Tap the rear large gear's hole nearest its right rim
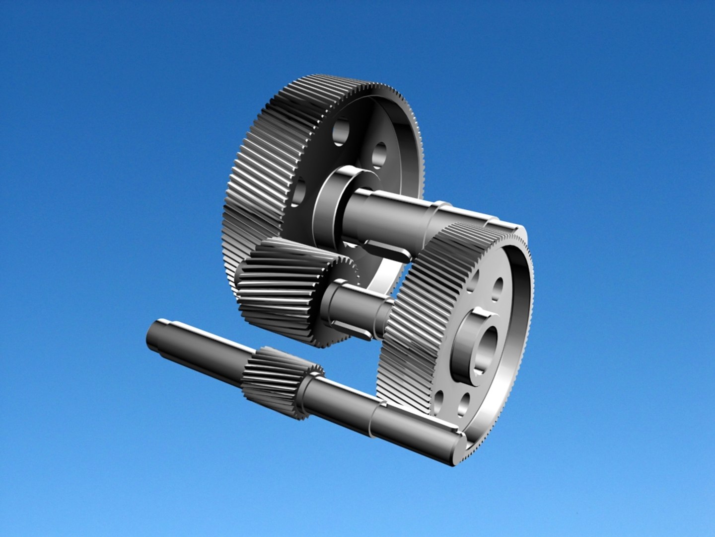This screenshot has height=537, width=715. (380, 154)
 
